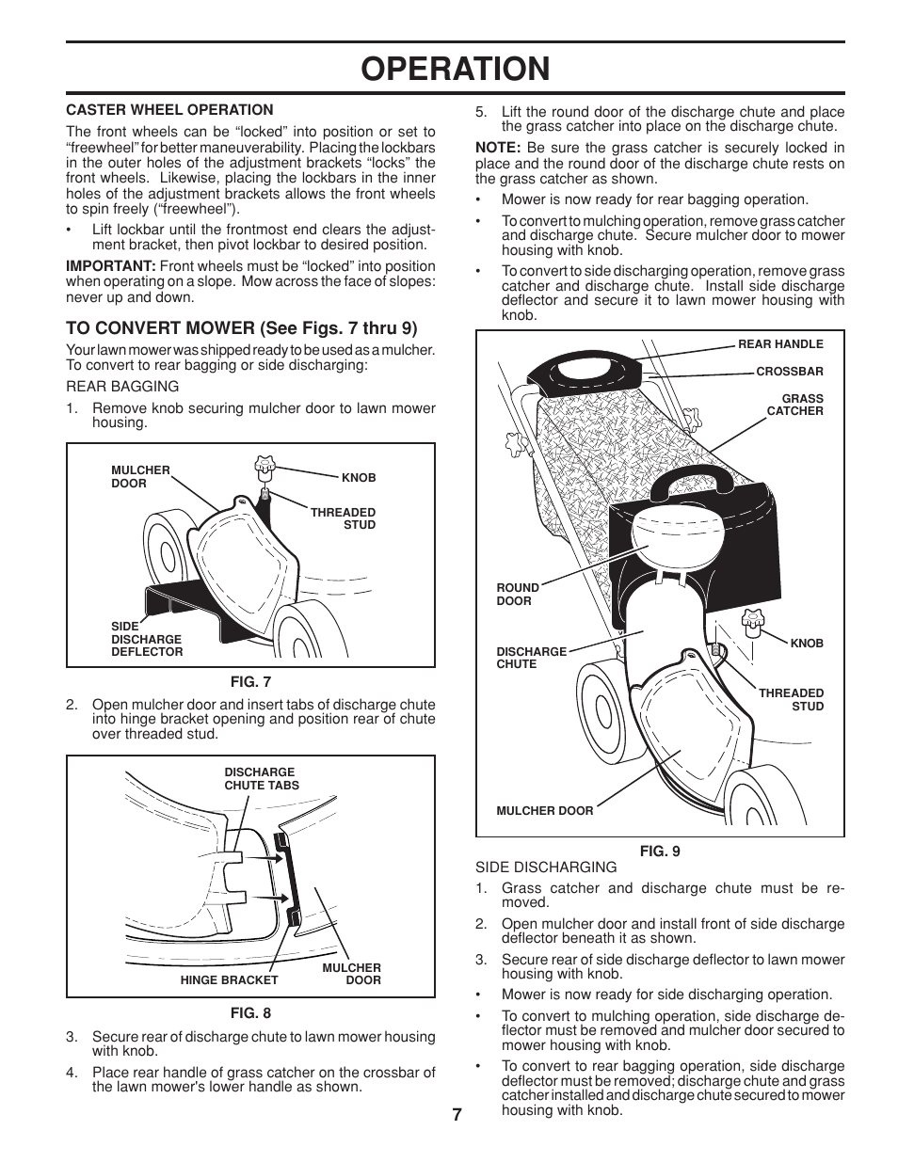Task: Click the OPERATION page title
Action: click(x=456, y=69)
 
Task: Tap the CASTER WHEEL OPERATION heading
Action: click(x=169, y=110)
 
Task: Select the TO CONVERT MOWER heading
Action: click(x=241, y=328)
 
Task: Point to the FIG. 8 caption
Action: click(x=250, y=1013)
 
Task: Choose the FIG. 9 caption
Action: click(x=660, y=852)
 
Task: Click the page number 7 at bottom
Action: click(x=457, y=1115)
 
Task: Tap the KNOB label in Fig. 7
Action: click(x=359, y=478)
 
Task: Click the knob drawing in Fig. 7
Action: click(x=265, y=466)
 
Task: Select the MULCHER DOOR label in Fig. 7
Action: click(x=140, y=477)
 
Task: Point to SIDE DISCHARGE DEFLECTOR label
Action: click(x=146, y=639)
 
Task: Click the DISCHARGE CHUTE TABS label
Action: click(x=261, y=779)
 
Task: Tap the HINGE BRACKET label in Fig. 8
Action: click(x=229, y=980)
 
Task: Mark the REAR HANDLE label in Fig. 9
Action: click(x=780, y=344)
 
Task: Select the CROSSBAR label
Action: click(x=790, y=372)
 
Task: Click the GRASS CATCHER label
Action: click(x=795, y=405)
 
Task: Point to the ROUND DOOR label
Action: click(x=517, y=595)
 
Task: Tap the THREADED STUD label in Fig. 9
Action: click(x=792, y=700)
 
